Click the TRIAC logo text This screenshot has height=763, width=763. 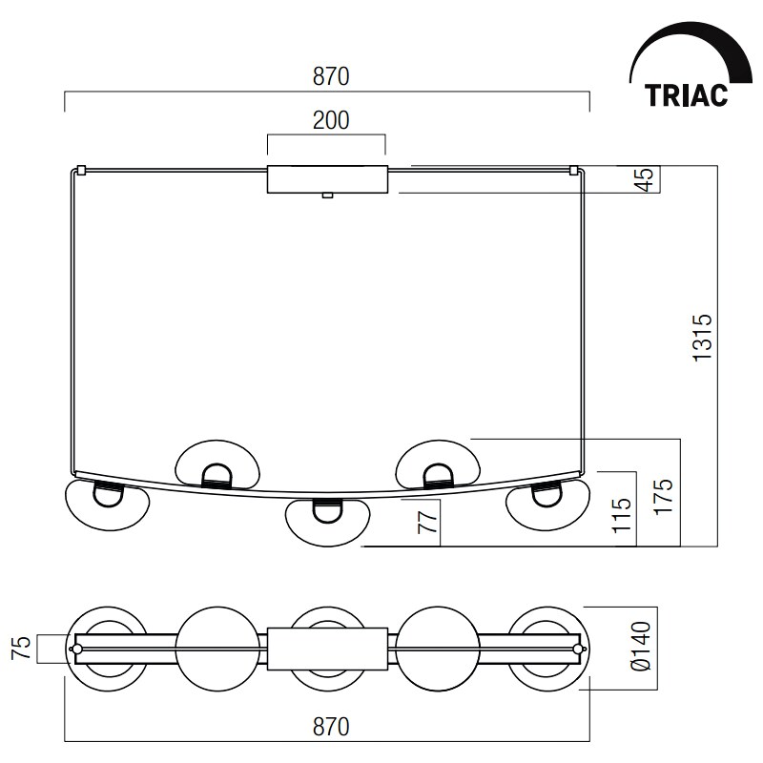[x=686, y=94]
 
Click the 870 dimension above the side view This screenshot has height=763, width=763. [x=331, y=76]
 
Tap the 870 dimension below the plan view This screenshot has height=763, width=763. [x=331, y=727]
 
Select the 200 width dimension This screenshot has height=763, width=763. [x=331, y=120]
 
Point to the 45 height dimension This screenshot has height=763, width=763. [x=647, y=180]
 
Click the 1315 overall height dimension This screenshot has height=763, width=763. [x=702, y=338]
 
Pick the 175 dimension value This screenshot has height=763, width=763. [x=663, y=496]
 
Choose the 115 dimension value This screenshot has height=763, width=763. [x=622, y=515]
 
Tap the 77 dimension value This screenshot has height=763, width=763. [x=428, y=522]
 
